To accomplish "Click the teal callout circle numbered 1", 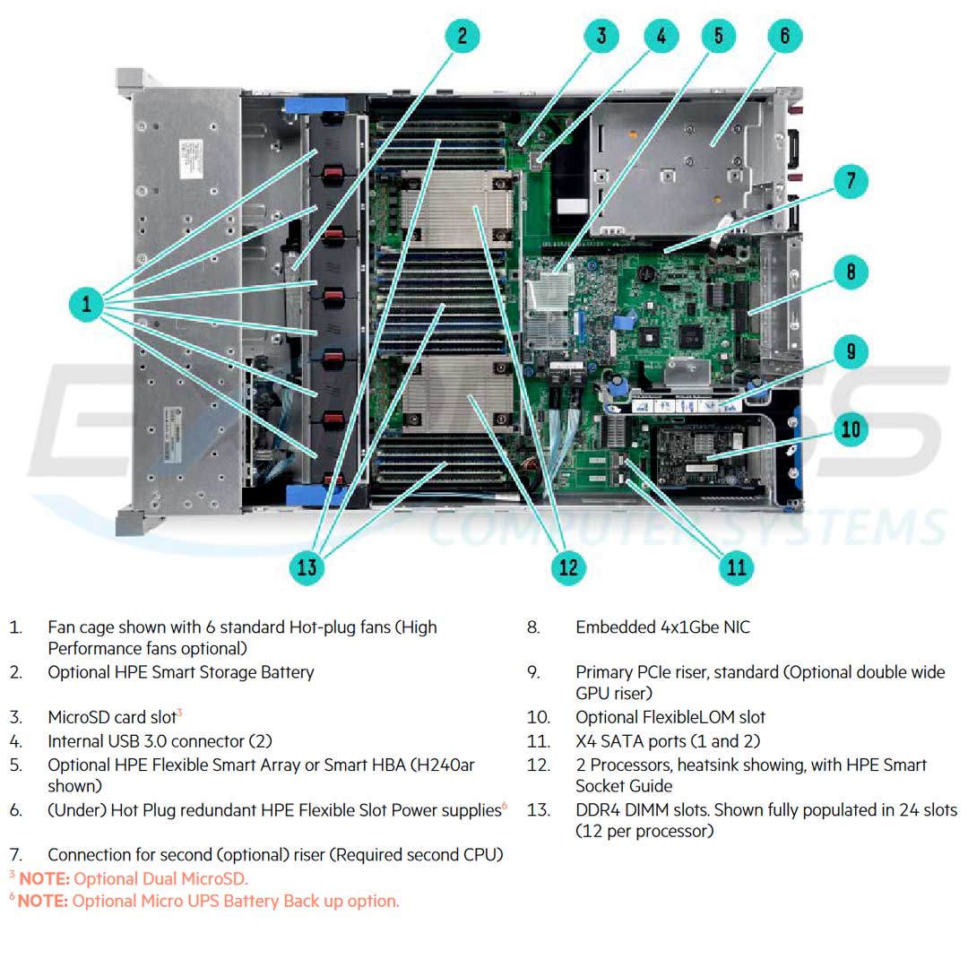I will tap(86, 304).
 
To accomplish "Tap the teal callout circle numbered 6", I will tap(784, 37).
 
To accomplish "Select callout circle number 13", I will tap(307, 566).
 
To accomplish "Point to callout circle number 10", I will tap(850, 429).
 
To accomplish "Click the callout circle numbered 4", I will tap(661, 37).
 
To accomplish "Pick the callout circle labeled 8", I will tap(850, 271).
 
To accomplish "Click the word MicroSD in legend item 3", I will tap(79, 718).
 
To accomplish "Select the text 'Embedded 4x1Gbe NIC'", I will tap(662, 627).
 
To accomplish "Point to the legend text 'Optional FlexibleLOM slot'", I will tap(670, 717).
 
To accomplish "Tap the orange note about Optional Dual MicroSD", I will tap(134, 878).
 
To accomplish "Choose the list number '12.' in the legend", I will tap(539, 765).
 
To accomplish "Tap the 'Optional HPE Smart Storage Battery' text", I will tap(180, 672).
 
